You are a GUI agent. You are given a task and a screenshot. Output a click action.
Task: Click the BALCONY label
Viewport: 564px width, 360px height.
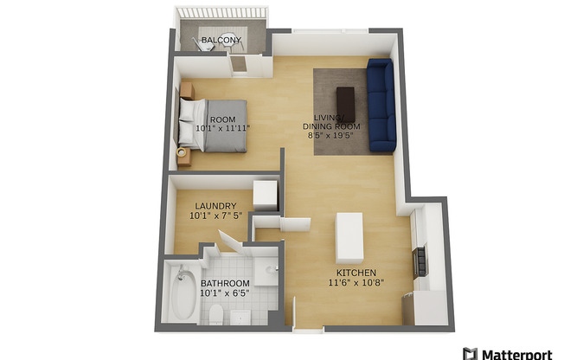coord(220,41)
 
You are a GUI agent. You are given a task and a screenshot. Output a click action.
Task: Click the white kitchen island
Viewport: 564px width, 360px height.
coord(349,237)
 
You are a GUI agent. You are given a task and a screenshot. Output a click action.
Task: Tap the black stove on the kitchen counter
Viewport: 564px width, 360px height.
coord(420,260)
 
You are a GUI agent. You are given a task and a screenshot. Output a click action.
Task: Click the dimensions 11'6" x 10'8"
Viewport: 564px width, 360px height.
coord(356,282)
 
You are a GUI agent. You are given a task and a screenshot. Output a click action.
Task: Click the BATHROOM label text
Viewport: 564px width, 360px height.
coord(225,283)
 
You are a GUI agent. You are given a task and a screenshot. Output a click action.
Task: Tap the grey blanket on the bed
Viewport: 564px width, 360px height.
coord(225,126)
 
